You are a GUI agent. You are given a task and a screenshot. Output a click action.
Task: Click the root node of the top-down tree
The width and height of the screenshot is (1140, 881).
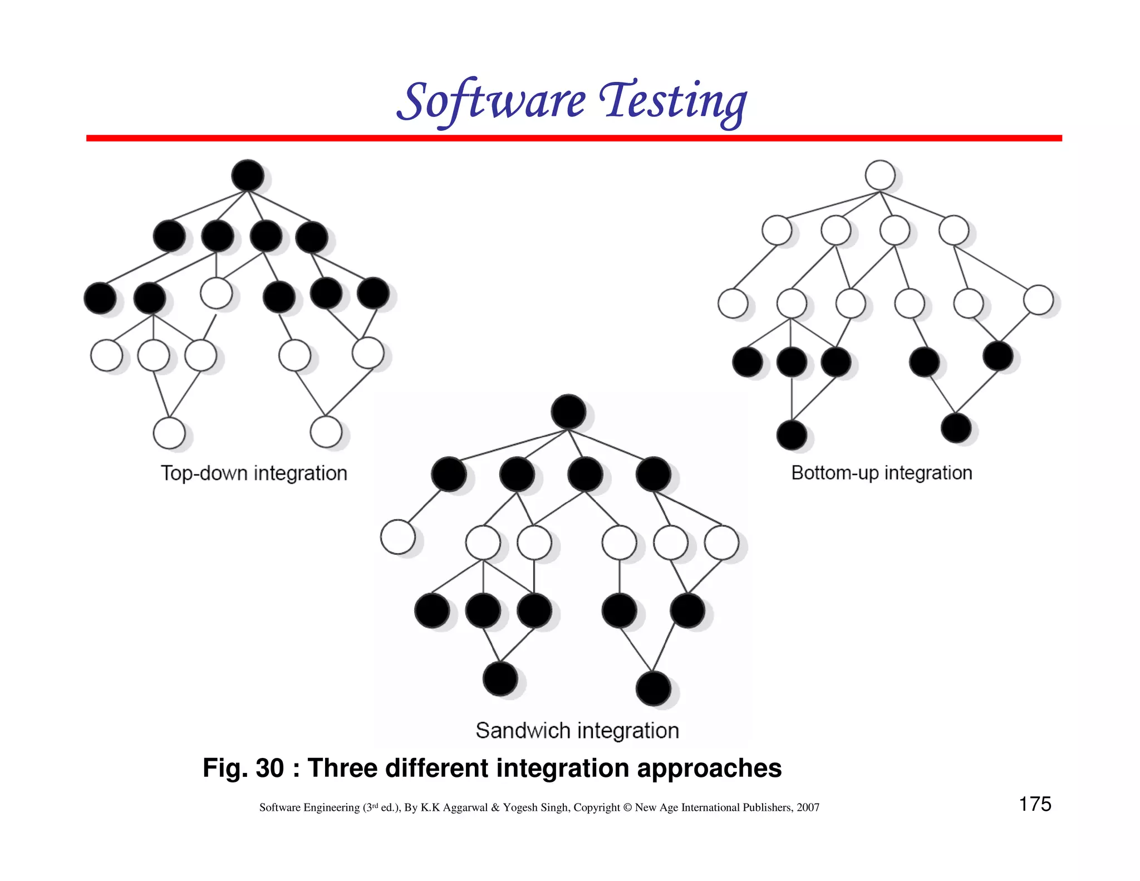coord(248,175)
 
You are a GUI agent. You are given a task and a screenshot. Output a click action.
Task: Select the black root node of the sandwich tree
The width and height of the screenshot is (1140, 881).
coord(568,412)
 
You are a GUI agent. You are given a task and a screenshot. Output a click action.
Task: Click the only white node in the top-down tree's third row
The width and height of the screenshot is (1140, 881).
coord(216,293)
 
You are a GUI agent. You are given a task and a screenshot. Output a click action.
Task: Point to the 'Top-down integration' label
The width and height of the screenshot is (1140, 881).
coord(254,473)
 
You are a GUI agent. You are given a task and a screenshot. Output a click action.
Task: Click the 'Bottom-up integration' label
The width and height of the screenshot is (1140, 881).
coord(882,473)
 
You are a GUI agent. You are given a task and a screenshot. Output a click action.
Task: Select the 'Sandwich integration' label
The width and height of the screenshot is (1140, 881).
coord(577,730)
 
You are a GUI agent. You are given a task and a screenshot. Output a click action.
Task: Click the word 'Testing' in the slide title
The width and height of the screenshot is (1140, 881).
coord(673,101)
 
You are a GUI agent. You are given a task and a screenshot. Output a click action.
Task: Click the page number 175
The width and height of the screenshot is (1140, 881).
coord(1035,804)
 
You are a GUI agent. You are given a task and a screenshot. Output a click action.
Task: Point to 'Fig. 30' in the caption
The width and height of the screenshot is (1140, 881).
coord(243,768)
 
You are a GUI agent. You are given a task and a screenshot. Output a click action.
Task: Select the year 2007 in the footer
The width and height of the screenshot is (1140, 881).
coord(808,807)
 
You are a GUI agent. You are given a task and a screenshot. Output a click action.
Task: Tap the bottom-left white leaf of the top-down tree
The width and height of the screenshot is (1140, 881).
coord(169,433)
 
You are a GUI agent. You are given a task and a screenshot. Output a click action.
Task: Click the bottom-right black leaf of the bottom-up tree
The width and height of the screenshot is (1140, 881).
coord(956,428)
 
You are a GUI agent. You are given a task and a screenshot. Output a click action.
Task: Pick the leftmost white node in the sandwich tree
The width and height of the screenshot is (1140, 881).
coord(397,537)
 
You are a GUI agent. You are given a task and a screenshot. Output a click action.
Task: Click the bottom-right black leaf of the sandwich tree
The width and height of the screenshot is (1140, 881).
coord(653,688)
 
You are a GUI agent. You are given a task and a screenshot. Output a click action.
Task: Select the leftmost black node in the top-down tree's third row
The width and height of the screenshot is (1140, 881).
coord(100,298)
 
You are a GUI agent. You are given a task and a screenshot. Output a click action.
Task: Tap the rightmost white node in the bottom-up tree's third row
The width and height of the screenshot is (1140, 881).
coord(1038,300)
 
